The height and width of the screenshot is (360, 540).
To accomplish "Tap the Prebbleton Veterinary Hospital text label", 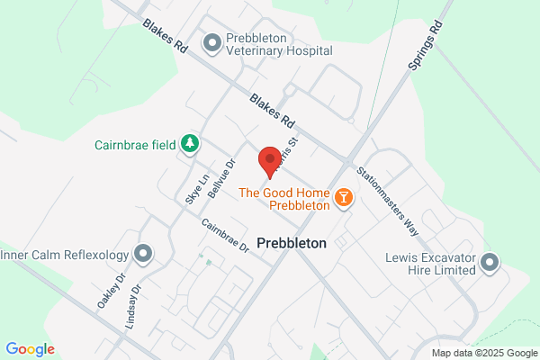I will coord(280,45).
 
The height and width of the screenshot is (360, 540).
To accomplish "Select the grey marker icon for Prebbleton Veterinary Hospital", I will coord(212,40).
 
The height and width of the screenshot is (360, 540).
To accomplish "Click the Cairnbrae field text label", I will coord(134,144).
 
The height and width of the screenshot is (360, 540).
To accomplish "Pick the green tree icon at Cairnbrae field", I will coord(189,143).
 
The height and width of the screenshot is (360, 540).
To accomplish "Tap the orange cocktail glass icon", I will coord(342,196).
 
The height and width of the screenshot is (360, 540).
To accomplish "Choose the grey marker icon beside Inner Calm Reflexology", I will coord(142,255).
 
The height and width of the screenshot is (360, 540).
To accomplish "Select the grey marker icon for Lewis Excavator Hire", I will coord(489,263).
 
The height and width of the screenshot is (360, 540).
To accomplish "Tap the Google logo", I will coord(30,349).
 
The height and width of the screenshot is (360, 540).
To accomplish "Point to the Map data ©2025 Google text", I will coord(481,352).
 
